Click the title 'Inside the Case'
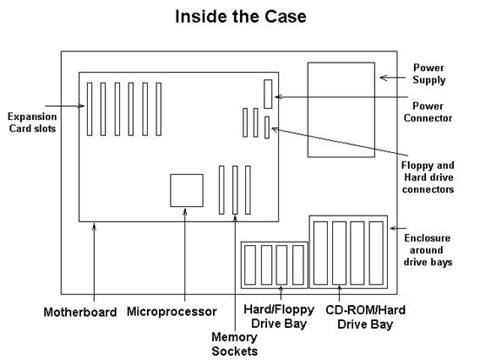pos(239,16)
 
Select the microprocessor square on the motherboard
pos(184,189)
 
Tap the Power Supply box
pos(343,110)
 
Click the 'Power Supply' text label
pos(429,73)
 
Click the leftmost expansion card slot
pos(88,109)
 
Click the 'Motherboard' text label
pos(79,311)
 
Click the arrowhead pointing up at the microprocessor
pos(184,210)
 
